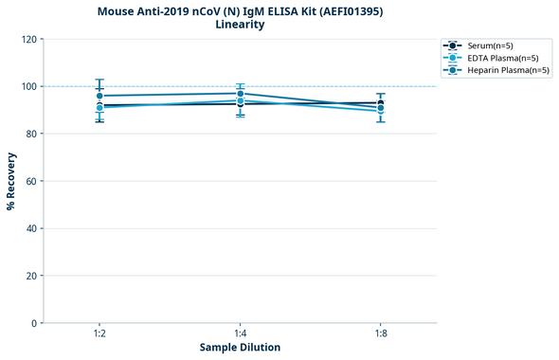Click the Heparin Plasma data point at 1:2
[99, 96]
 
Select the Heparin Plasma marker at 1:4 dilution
[241, 94]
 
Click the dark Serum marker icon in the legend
[453, 45]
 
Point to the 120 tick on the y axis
[29, 39]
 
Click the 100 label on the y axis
[29, 86]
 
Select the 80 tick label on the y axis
[31, 134]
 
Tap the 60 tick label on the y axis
[31, 181]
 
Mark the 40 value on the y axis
[31, 228]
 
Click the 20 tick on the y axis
[31, 276]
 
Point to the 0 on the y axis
[34, 323]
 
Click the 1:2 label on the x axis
[99, 333]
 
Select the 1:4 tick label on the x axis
[241, 333]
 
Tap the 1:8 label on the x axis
[381, 333]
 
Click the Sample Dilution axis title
[240, 348]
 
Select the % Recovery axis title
[11, 181]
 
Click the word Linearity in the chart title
[240, 25]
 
